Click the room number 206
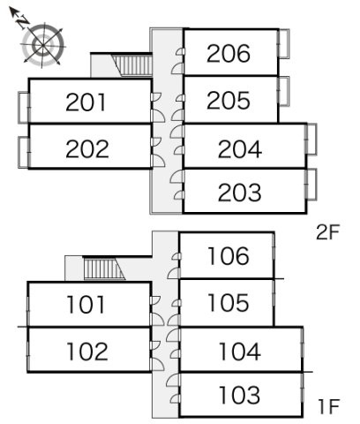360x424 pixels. (x=229, y=53)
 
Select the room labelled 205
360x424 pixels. (x=229, y=100)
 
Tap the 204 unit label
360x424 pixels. (x=240, y=149)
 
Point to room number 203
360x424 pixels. (x=240, y=193)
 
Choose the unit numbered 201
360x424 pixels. (x=86, y=102)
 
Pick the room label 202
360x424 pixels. (x=87, y=148)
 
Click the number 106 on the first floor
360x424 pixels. (x=229, y=255)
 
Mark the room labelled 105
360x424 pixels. (x=229, y=302)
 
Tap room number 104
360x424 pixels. (x=240, y=352)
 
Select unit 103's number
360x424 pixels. (x=240, y=395)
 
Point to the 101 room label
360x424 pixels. (x=86, y=305)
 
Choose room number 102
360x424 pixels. (x=87, y=352)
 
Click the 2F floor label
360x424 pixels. (x=328, y=232)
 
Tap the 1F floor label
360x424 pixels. (x=329, y=406)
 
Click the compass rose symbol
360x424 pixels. (x=43, y=45)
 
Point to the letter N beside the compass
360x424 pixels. (x=23, y=22)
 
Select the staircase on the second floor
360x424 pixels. (x=132, y=65)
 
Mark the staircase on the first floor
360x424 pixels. (x=104, y=269)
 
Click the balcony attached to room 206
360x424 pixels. (x=284, y=43)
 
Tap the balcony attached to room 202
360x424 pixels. (x=24, y=152)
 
